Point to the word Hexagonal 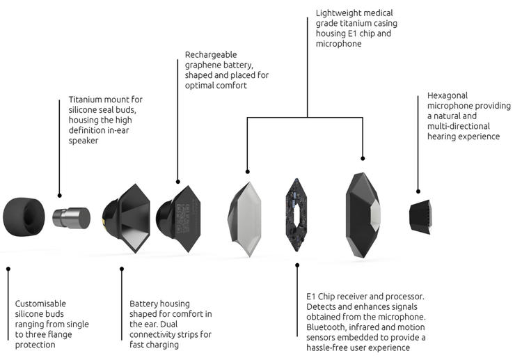[x=450, y=95]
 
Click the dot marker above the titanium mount [x=59, y=196]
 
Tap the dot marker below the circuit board [x=297, y=265]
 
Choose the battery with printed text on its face [x=179, y=217]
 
